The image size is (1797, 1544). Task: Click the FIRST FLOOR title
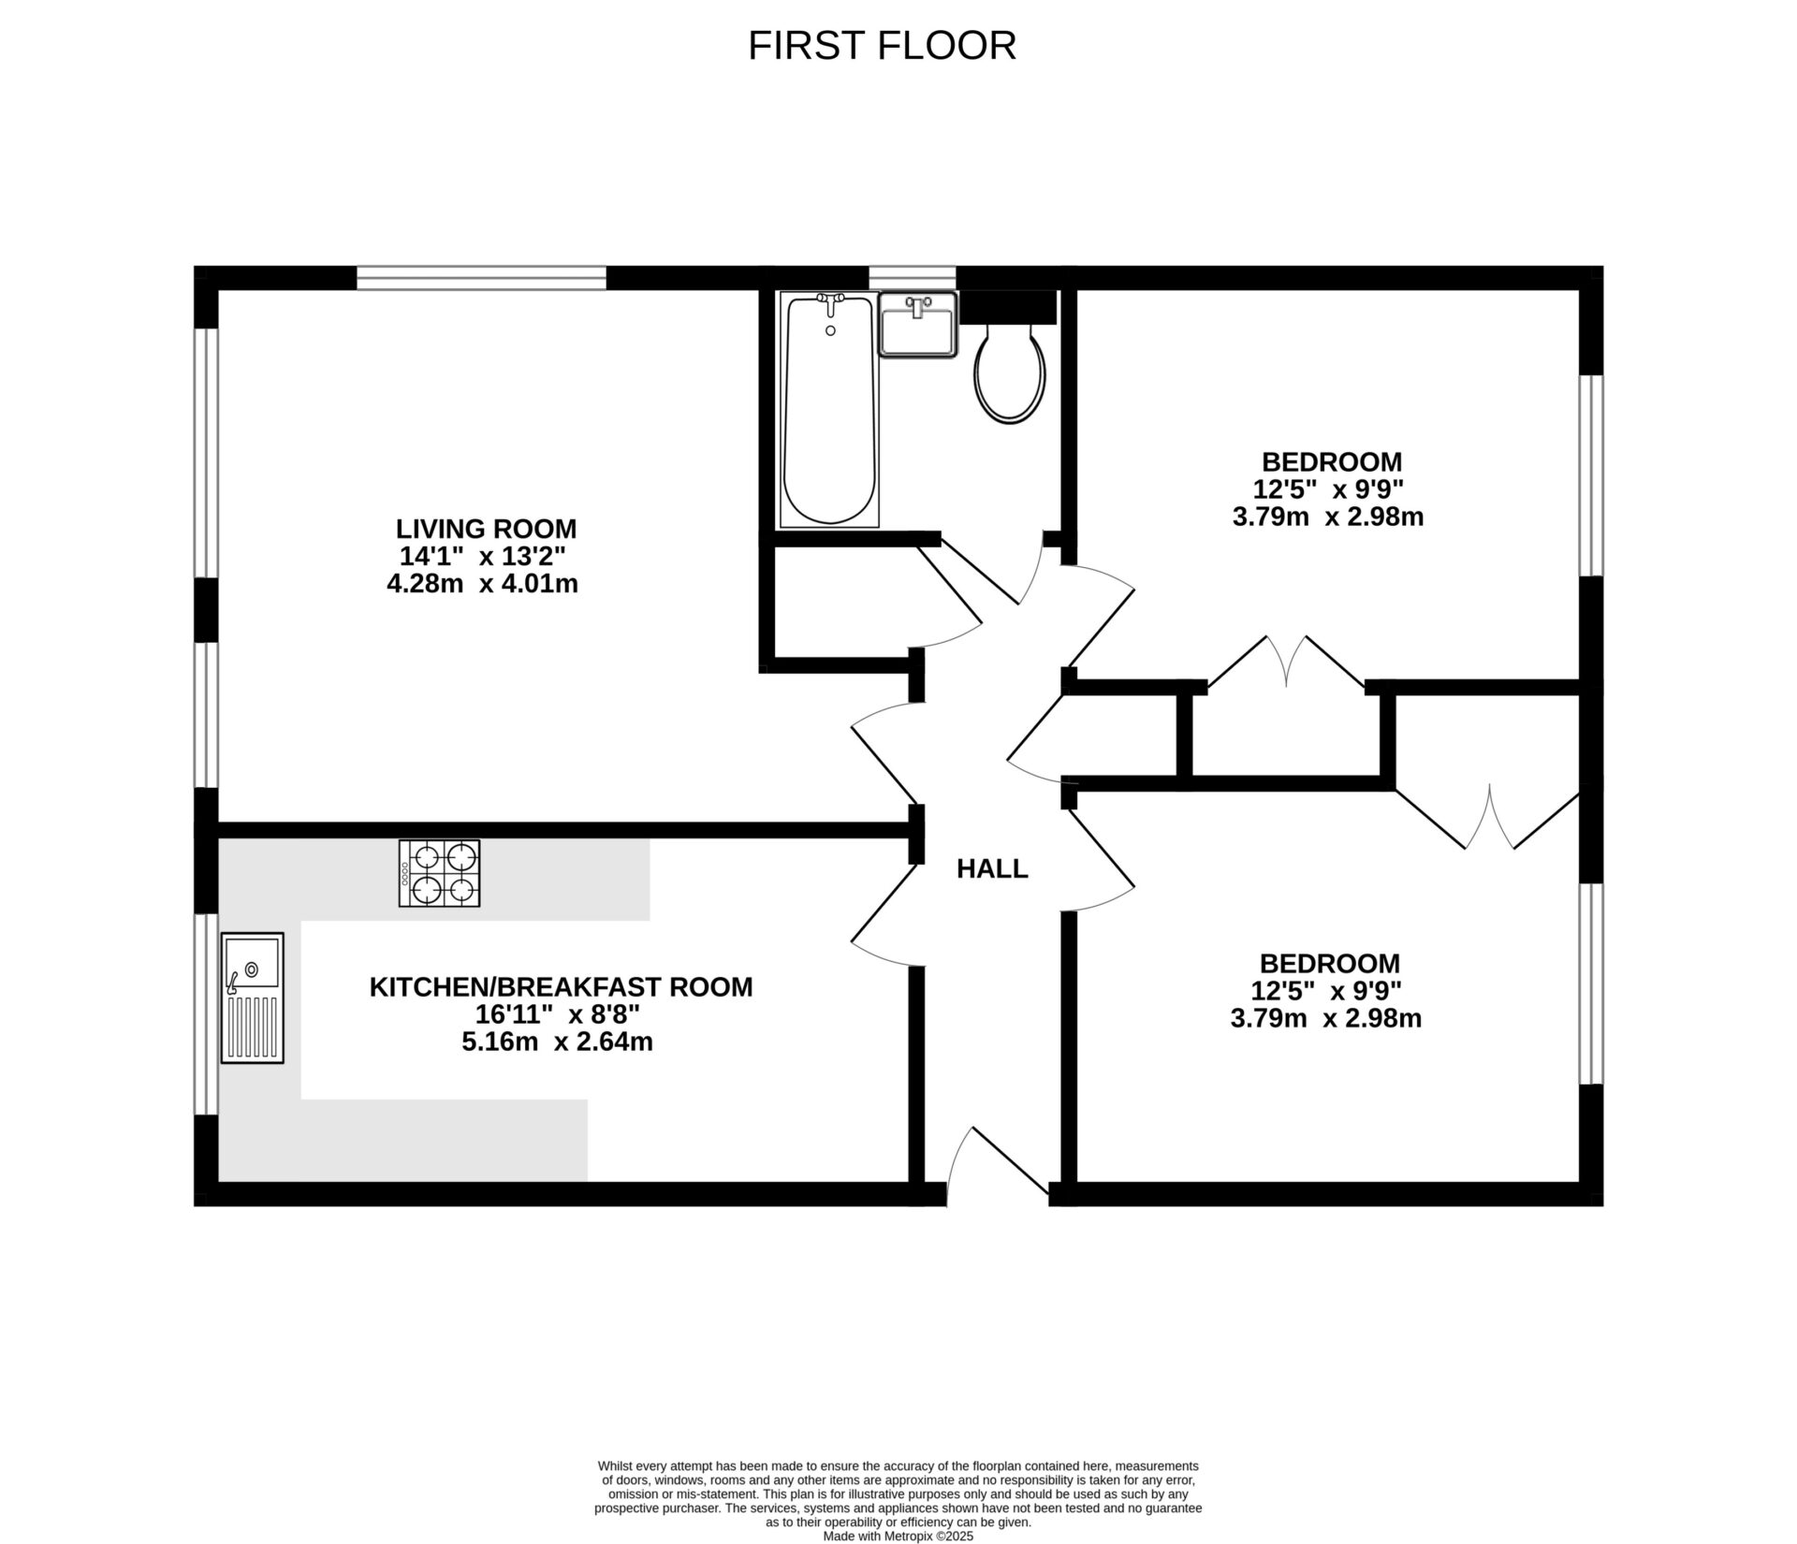[882, 46]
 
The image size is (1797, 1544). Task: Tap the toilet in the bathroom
[1009, 373]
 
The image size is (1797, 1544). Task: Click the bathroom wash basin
[918, 325]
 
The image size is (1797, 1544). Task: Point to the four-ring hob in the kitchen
[440, 873]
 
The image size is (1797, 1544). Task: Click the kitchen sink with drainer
[252, 998]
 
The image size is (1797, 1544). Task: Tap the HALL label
[992, 869]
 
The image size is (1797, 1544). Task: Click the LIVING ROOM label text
[486, 529]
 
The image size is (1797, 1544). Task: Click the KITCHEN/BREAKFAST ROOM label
[561, 987]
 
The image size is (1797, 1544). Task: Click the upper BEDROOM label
[1331, 462]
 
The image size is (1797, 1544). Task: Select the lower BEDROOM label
[1329, 964]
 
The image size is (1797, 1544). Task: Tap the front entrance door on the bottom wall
[997, 1165]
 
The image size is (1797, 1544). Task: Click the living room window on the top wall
[481, 278]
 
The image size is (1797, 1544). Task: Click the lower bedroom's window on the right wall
[1591, 983]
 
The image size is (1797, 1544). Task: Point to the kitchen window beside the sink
[206, 1014]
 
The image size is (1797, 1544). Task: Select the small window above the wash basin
[912, 278]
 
